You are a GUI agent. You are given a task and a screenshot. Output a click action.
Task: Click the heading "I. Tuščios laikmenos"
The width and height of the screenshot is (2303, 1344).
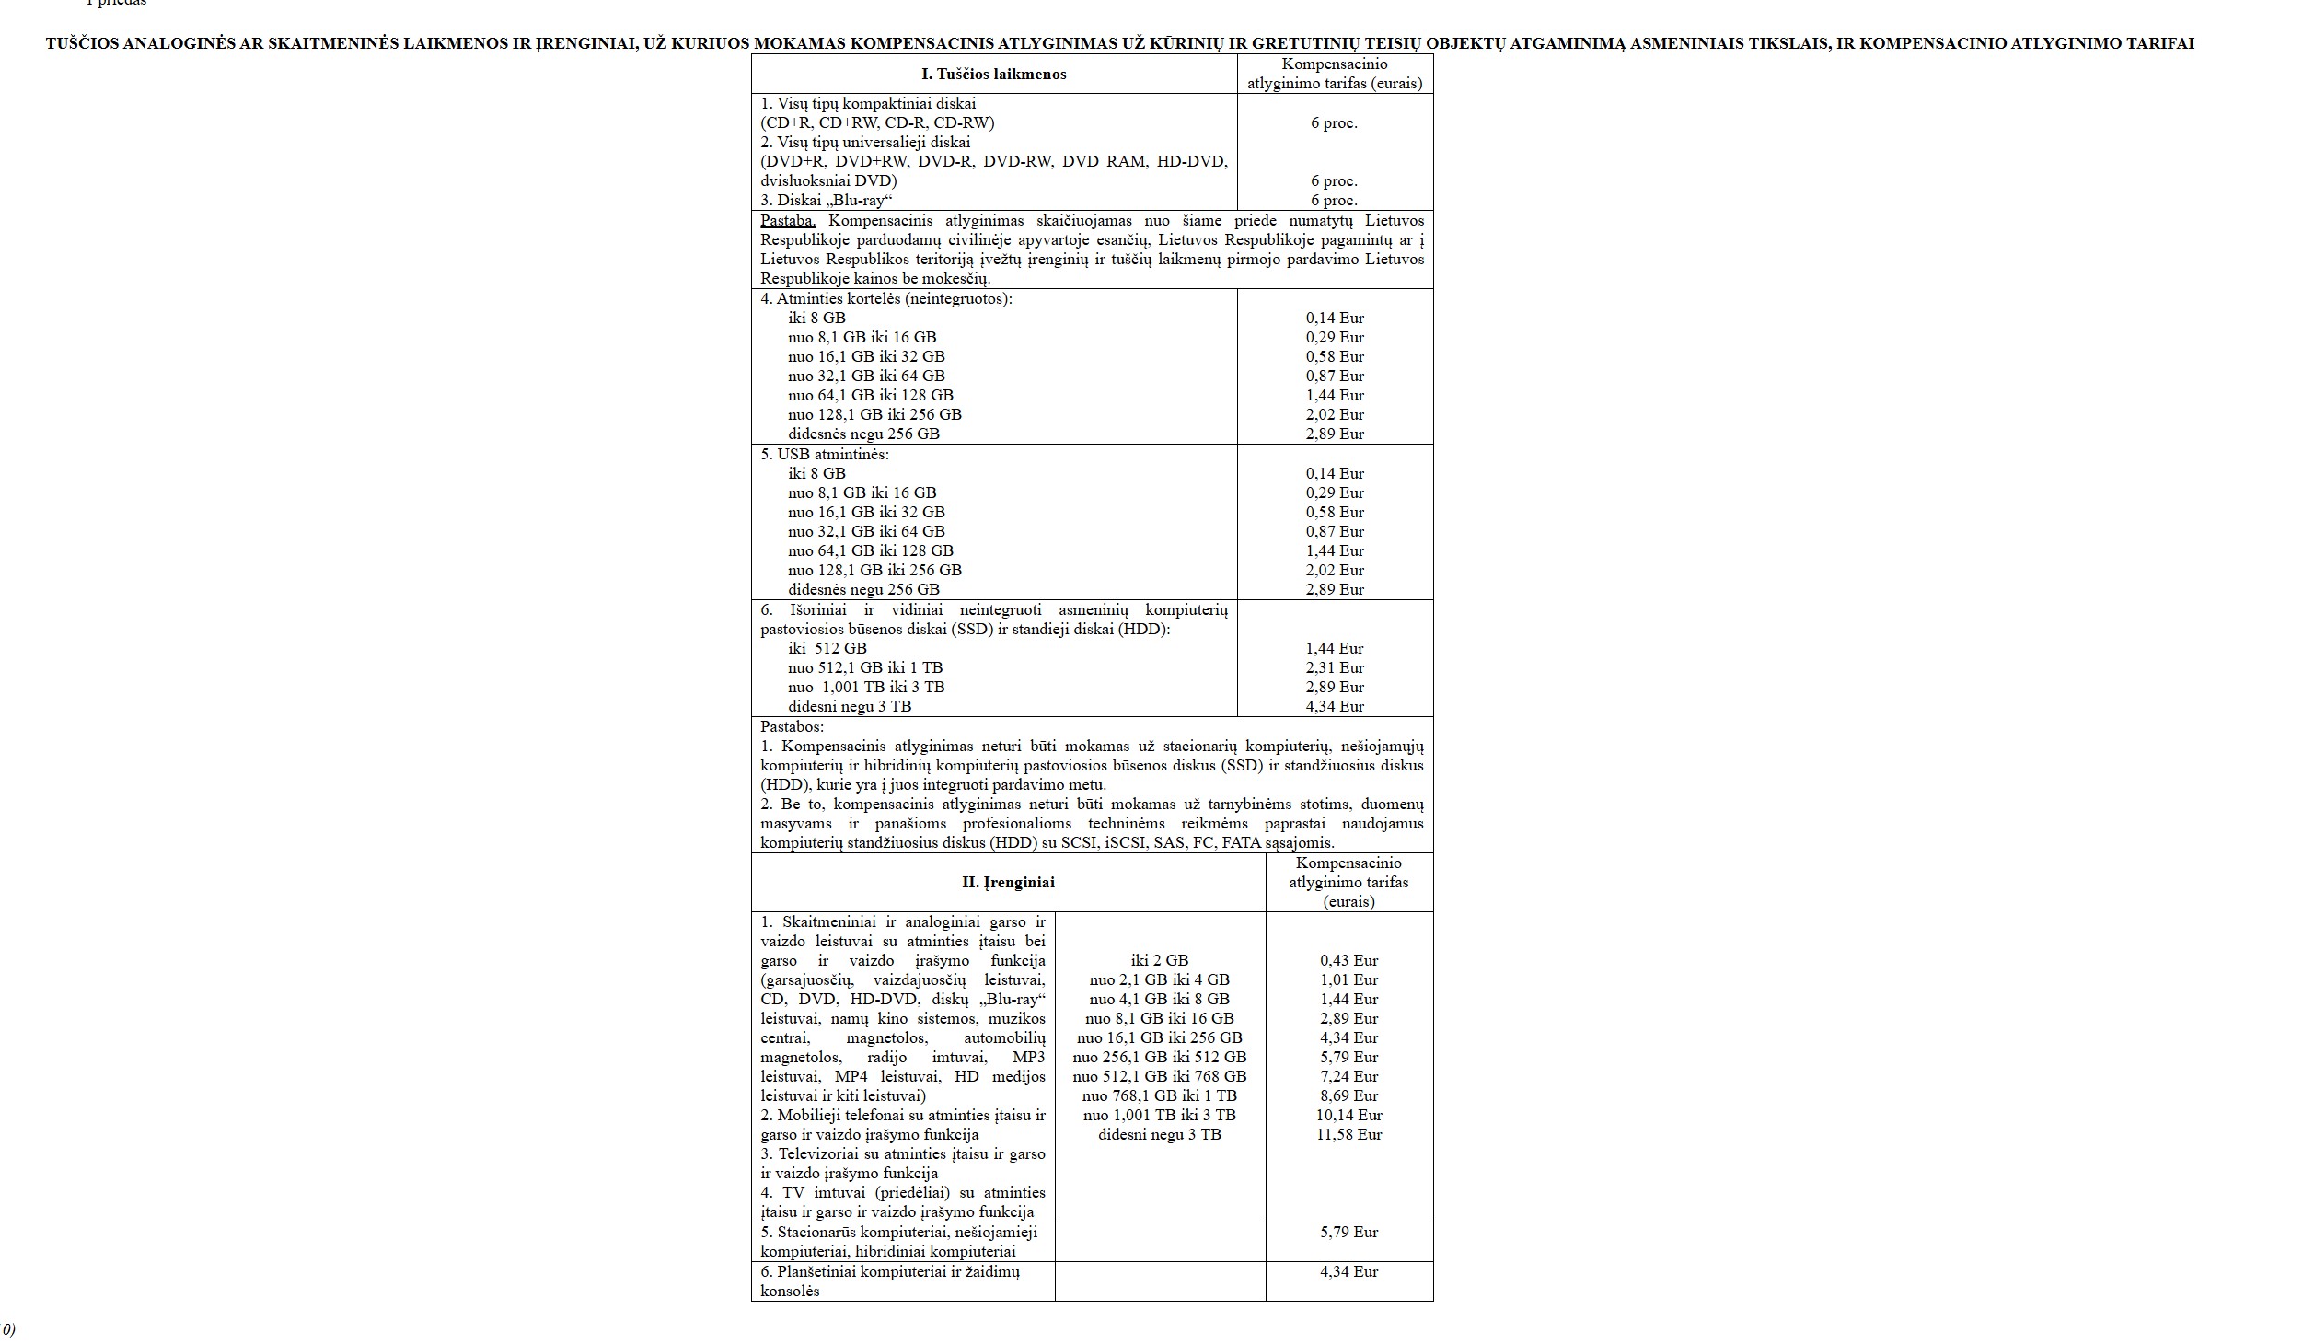pos(993,75)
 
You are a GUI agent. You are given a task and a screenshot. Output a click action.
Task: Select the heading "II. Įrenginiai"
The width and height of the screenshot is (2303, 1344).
pos(1008,882)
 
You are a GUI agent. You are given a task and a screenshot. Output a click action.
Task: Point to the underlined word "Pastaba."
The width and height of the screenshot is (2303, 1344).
pos(788,221)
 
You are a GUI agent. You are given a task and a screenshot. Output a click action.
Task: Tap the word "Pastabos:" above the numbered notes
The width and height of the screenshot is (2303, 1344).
pos(792,726)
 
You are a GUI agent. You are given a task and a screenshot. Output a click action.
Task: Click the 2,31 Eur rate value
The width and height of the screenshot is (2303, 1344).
pos(1335,667)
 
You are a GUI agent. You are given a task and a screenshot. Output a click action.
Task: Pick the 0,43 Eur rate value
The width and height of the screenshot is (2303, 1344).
pos(1348,960)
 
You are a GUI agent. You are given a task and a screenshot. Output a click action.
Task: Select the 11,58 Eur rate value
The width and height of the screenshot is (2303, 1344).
pos(1348,1134)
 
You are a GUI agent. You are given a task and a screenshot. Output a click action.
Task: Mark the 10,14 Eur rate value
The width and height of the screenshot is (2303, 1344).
pos(1348,1115)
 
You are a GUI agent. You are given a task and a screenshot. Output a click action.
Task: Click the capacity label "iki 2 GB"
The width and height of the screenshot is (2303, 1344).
pos(1159,960)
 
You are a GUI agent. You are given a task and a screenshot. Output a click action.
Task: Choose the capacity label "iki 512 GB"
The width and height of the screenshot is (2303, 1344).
pos(827,648)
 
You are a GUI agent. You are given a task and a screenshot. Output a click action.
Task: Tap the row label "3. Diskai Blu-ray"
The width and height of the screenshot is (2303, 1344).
pos(827,201)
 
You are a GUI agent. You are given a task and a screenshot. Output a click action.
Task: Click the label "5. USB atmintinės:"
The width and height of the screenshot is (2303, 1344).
pos(825,454)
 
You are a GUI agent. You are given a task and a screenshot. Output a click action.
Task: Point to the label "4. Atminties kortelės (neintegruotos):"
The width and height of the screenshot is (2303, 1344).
pos(885,298)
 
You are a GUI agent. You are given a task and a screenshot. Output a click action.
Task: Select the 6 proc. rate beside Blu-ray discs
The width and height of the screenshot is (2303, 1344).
pos(1334,201)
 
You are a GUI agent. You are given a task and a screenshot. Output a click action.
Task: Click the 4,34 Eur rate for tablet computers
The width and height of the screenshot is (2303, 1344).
pos(1348,1271)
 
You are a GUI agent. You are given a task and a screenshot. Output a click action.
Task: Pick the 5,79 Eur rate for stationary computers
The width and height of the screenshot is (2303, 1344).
pos(1348,1232)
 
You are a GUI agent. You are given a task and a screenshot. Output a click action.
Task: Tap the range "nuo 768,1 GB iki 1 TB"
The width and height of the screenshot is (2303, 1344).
pos(1159,1095)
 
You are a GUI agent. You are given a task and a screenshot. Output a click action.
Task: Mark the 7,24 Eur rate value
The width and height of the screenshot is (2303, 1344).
pos(1348,1076)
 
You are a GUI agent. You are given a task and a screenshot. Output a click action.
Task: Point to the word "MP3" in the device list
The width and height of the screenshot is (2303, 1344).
pos(1029,1057)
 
